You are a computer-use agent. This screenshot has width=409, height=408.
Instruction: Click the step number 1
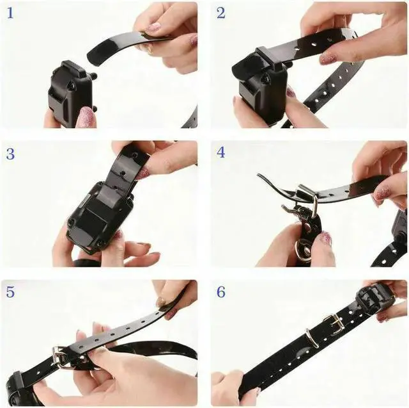pos(10,13)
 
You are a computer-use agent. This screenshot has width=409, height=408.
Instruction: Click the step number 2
pos(220,13)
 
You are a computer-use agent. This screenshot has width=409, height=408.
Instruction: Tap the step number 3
pos(10,154)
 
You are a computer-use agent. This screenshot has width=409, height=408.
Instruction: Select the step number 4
pos(220,152)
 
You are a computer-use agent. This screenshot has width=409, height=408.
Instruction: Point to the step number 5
pos(10,292)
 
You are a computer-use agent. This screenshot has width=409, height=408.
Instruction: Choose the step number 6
pos(220,292)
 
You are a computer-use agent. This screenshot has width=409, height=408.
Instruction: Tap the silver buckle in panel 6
pos(334,322)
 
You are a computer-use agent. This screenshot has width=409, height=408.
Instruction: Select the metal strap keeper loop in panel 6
pos(313,338)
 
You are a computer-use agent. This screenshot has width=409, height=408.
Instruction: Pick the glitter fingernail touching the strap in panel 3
pos(143,174)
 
